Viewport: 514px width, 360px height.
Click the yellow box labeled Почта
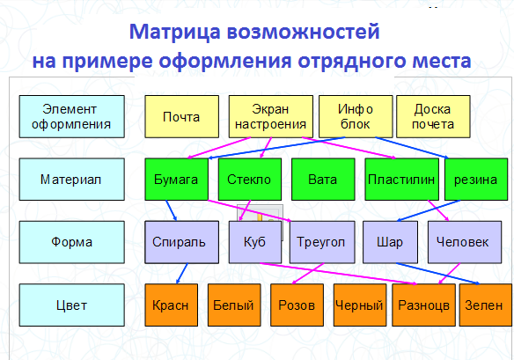tap(181, 117)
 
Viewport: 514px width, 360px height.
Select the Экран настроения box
tap(271, 117)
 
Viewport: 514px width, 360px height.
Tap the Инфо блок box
tap(356, 117)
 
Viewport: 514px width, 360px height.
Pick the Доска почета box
tap(433, 117)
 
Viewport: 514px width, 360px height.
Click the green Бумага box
tap(176, 180)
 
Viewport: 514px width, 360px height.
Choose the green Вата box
tap(323, 180)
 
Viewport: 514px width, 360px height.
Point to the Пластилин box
tap(402, 180)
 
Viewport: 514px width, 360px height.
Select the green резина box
tap(476, 180)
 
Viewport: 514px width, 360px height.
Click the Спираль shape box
tap(181, 242)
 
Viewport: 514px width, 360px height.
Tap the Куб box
tap(255, 242)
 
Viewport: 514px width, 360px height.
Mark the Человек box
tap(465, 242)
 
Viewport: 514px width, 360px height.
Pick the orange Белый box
tap(234, 305)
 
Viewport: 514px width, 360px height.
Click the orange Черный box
tap(360, 305)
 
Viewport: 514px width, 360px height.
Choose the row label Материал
tap(72, 180)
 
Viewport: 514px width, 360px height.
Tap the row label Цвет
tap(72, 305)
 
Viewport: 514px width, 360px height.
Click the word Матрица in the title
tap(175, 32)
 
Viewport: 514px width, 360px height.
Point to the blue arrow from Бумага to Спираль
tap(172, 210)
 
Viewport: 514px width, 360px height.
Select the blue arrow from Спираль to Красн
tap(182, 274)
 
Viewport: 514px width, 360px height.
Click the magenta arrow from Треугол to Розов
tap(308, 274)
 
